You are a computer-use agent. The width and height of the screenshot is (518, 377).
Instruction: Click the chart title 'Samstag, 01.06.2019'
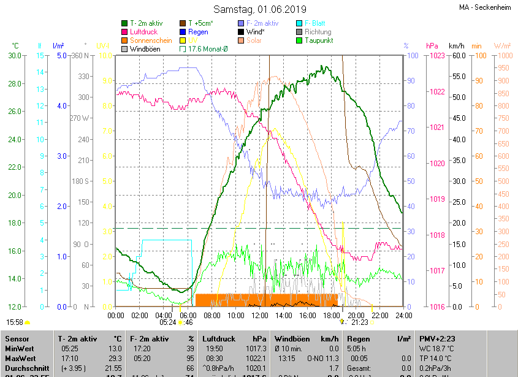[x=259, y=9]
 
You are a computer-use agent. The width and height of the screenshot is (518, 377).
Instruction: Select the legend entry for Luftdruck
[x=143, y=31]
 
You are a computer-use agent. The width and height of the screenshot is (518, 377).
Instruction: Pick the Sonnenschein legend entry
[x=151, y=40]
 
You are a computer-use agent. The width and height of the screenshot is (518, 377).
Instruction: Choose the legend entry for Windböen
[x=145, y=48]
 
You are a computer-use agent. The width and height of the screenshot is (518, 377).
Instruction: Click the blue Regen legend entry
[x=197, y=31]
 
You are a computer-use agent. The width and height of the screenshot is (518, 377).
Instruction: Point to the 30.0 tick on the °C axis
[x=14, y=56]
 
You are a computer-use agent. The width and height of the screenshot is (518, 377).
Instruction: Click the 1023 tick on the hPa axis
[x=437, y=56]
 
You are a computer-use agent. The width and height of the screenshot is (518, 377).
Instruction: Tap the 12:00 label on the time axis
[x=259, y=315]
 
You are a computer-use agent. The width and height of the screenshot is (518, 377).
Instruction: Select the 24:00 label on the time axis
[x=403, y=315]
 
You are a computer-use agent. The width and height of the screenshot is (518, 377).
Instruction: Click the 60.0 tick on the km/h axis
[x=456, y=56]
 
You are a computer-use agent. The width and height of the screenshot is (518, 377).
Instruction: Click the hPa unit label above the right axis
[x=432, y=46]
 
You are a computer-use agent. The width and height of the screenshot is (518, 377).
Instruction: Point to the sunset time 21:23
[x=360, y=322]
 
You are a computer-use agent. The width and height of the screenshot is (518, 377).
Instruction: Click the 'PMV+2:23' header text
[x=436, y=338]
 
